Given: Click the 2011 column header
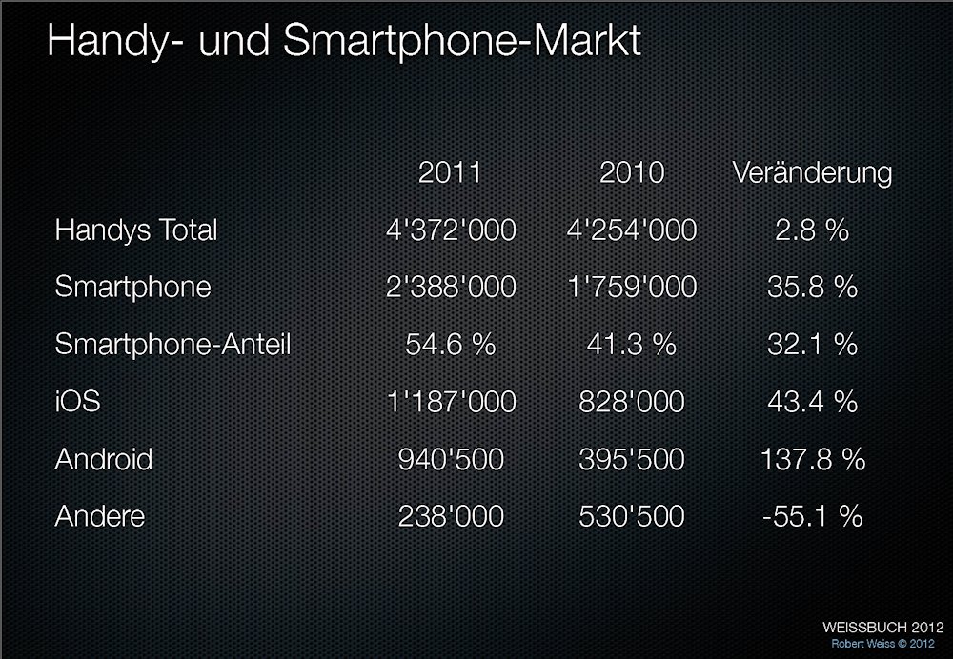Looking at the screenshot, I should (x=450, y=172).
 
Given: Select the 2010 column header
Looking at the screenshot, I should (x=631, y=172).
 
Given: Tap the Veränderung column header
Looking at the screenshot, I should (x=812, y=172).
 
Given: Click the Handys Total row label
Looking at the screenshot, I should (x=136, y=230).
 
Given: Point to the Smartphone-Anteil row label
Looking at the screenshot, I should (x=172, y=345).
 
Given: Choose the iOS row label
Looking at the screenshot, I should (x=77, y=402).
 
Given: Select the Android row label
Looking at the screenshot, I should (x=104, y=459).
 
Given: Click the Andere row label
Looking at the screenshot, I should (x=100, y=516).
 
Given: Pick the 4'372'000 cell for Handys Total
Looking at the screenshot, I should (x=450, y=230).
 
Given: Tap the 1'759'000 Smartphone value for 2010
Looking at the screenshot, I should (x=631, y=288).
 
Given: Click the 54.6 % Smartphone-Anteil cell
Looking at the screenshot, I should (x=450, y=345).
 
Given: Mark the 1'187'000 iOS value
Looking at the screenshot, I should (x=450, y=402).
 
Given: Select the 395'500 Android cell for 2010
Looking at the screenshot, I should (x=631, y=459).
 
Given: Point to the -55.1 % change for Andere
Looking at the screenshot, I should (x=812, y=516).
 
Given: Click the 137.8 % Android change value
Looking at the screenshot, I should (x=812, y=459).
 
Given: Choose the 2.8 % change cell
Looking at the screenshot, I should (x=812, y=230).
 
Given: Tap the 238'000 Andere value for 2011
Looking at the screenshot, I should (x=450, y=516).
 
